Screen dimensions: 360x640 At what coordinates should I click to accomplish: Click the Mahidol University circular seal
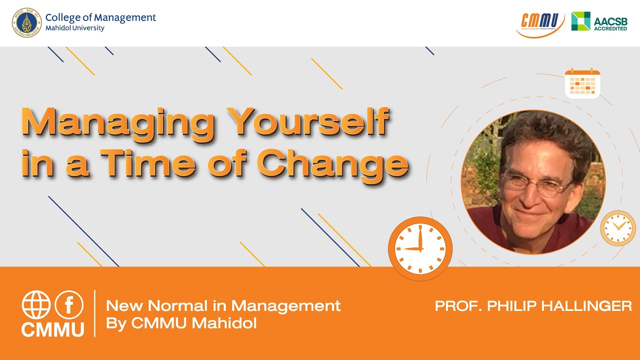click(27, 22)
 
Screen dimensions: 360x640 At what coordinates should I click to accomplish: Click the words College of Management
click(100, 17)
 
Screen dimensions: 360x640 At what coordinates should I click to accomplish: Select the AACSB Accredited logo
click(599, 22)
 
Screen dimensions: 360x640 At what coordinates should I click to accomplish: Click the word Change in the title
click(332, 163)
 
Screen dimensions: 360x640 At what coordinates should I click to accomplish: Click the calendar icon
click(582, 84)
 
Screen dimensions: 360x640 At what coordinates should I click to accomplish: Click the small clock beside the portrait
click(618, 228)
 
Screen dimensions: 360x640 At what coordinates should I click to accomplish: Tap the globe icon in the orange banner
click(36, 305)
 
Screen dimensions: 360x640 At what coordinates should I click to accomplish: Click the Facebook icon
click(68, 305)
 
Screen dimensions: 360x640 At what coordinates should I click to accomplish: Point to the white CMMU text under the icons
click(52, 329)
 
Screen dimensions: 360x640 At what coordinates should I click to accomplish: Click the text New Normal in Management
click(223, 305)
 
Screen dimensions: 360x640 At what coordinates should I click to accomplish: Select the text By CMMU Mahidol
click(181, 323)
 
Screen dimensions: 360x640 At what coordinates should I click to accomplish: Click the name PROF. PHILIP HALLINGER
click(533, 306)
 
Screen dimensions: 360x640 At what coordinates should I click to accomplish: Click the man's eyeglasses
click(537, 185)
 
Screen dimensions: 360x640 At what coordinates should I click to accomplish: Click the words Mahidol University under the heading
click(75, 28)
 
